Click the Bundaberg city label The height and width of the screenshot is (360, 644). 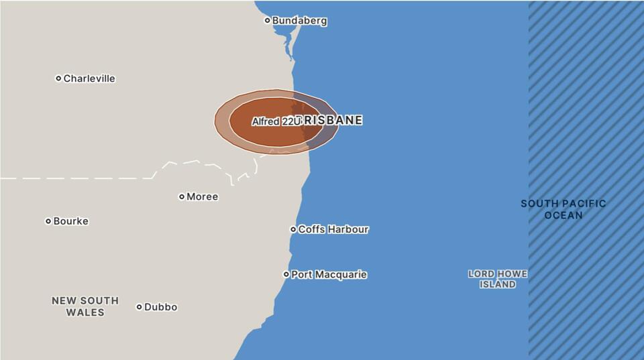[299, 21]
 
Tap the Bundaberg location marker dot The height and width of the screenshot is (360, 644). [267, 20]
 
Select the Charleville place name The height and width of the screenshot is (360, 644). [89, 78]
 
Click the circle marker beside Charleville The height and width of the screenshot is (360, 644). [58, 78]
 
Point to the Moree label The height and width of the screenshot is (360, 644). [202, 197]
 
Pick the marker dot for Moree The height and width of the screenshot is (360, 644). [182, 197]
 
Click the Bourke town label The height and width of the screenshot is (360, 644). [70, 221]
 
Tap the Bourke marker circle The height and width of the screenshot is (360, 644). [48, 221]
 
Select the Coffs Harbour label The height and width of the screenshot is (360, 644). [333, 229]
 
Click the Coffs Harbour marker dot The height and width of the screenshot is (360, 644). [293, 229]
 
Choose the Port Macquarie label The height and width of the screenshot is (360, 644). [329, 275]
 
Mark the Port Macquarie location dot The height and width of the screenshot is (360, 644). [286, 274]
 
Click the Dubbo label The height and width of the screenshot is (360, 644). [161, 307]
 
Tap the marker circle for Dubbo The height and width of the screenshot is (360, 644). [140, 307]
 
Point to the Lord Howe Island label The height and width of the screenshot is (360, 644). [498, 279]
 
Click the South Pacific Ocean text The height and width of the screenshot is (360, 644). [563, 209]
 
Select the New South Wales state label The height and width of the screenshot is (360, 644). [85, 306]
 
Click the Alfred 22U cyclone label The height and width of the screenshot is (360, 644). [274, 122]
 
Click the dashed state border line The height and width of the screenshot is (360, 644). [80, 178]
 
